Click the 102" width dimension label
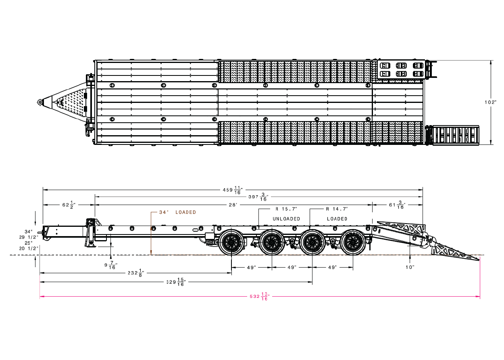(x=491, y=102)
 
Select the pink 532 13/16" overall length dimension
(x=260, y=296)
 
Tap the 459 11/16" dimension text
(x=233, y=190)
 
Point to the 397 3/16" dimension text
(x=258, y=197)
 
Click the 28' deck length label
(x=233, y=205)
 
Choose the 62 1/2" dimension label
(x=69, y=205)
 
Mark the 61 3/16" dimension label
(x=397, y=205)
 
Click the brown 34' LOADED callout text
(x=177, y=212)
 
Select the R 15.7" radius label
(x=286, y=209)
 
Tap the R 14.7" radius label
(x=337, y=209)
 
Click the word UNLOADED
(x=286, y=219)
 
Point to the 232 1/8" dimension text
(x=136, y=273)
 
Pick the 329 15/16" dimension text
(x=176, y=282)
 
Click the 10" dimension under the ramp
(x=410, y=267)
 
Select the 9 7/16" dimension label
(x=111, y=265)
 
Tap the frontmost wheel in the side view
(x=231, y=242)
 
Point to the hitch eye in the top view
(x=40, y=102)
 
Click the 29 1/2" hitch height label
(x=29, y=237)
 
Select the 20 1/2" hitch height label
(x=29, y=249)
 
